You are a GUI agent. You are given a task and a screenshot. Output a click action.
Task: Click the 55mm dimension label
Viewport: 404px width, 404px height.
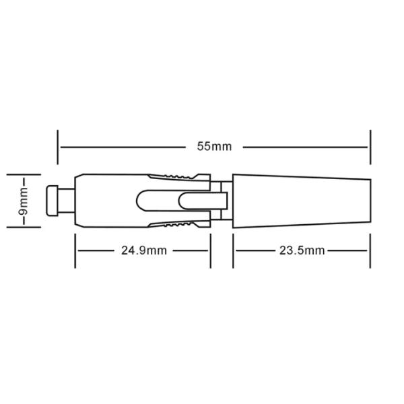[213, 146]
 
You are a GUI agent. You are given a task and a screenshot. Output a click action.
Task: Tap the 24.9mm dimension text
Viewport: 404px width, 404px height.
[144, 250]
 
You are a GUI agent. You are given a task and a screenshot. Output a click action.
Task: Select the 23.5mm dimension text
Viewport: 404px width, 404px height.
[302, 250]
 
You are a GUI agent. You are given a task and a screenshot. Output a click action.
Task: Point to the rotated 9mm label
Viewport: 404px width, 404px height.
[23, 201]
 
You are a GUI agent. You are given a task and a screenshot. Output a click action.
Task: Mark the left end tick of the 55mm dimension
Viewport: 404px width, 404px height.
[59, 146]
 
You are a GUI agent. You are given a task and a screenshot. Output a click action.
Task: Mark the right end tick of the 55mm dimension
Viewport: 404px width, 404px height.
[370, 146]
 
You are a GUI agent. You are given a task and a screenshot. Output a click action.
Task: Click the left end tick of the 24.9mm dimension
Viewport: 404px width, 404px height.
[75, 250]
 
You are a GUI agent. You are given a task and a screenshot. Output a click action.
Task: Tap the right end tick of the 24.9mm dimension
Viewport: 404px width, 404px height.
[211, 250]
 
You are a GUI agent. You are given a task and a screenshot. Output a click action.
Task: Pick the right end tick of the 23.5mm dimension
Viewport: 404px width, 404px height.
[370, 250]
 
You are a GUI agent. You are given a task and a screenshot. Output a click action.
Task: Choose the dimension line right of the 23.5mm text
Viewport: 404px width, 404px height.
[349, 250]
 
